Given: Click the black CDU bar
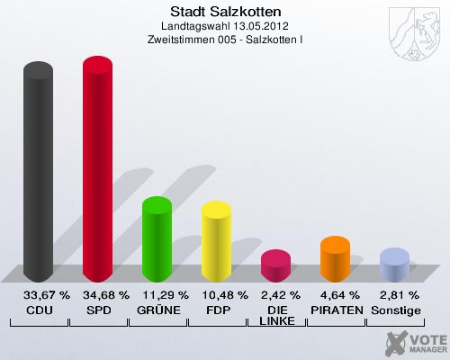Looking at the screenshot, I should [38, 171].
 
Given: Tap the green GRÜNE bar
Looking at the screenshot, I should [157, 238].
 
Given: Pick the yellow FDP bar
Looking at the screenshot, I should [217, 241].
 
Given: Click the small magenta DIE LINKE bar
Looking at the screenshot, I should [276, 265].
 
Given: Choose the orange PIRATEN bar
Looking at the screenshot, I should [335, 259].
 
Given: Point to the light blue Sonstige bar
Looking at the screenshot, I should [394, 265].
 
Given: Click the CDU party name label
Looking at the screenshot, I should [38, 310].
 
